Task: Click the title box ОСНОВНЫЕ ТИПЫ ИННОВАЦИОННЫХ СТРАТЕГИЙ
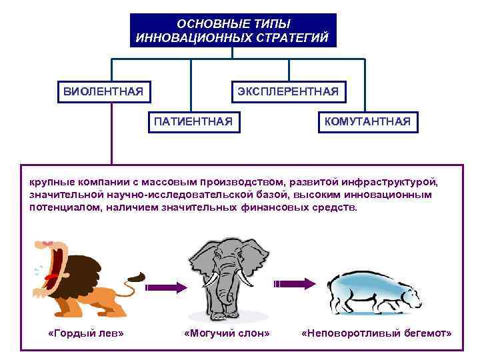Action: [x=233, y=31]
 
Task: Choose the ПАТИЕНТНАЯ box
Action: [x=193, y=121]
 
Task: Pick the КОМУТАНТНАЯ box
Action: [x=367, y=121]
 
